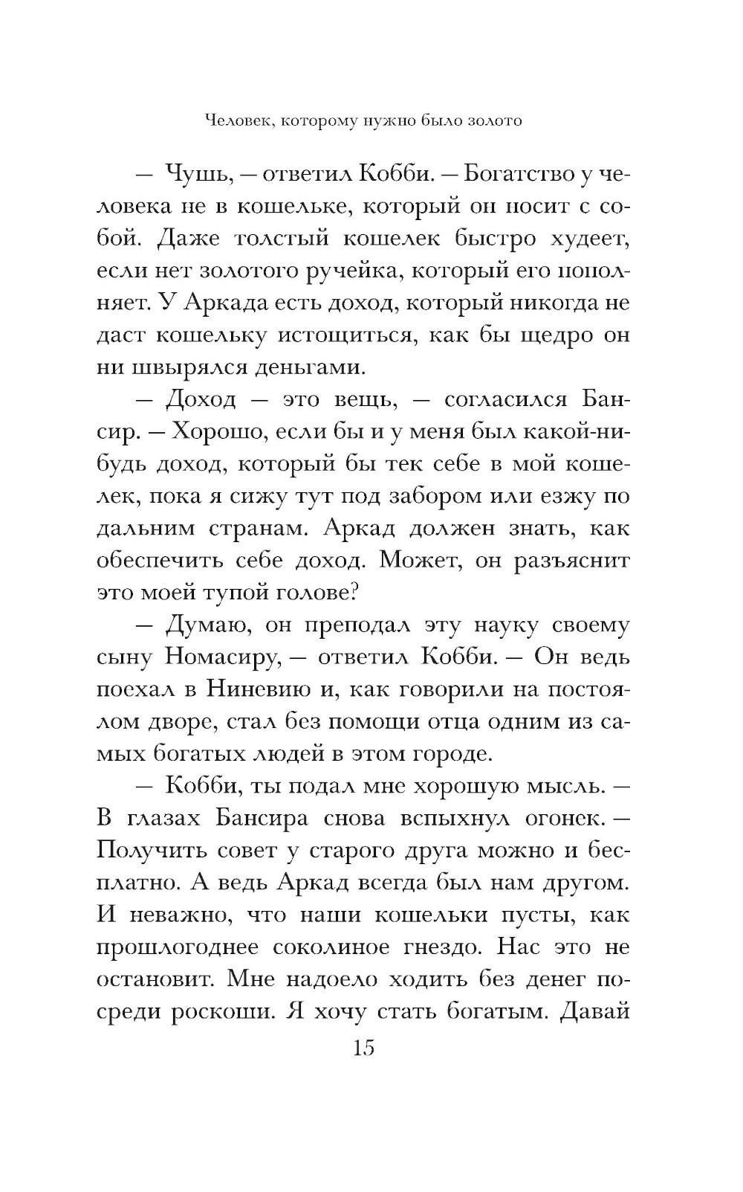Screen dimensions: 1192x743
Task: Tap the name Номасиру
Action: coord(222,657)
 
